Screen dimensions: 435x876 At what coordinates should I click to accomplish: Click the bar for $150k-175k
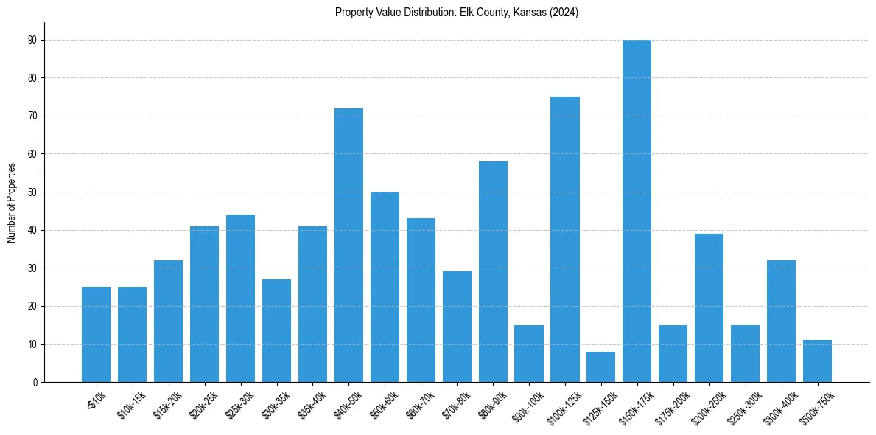(637, 211)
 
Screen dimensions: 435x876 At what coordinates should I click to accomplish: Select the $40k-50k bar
(348, 245)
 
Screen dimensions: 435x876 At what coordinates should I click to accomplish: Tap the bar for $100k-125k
(565, 239)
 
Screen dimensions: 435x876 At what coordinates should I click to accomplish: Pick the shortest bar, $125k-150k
(601, 366)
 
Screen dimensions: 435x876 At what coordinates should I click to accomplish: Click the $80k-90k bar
(493, 271)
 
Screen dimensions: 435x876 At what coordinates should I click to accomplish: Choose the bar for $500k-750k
(818, 361)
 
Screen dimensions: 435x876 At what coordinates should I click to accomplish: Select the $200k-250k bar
(709, 307)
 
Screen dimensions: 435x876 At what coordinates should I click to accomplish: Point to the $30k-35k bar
(276, 330)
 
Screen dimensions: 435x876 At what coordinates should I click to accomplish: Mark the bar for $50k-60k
(385, 287)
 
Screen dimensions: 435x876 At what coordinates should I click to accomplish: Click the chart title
(457, 13)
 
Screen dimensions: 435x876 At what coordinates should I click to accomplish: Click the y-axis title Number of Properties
(11, 202)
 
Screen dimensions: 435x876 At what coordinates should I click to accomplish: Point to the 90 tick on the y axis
(33, 40)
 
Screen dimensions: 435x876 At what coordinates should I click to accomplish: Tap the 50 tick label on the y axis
(33, 192)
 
